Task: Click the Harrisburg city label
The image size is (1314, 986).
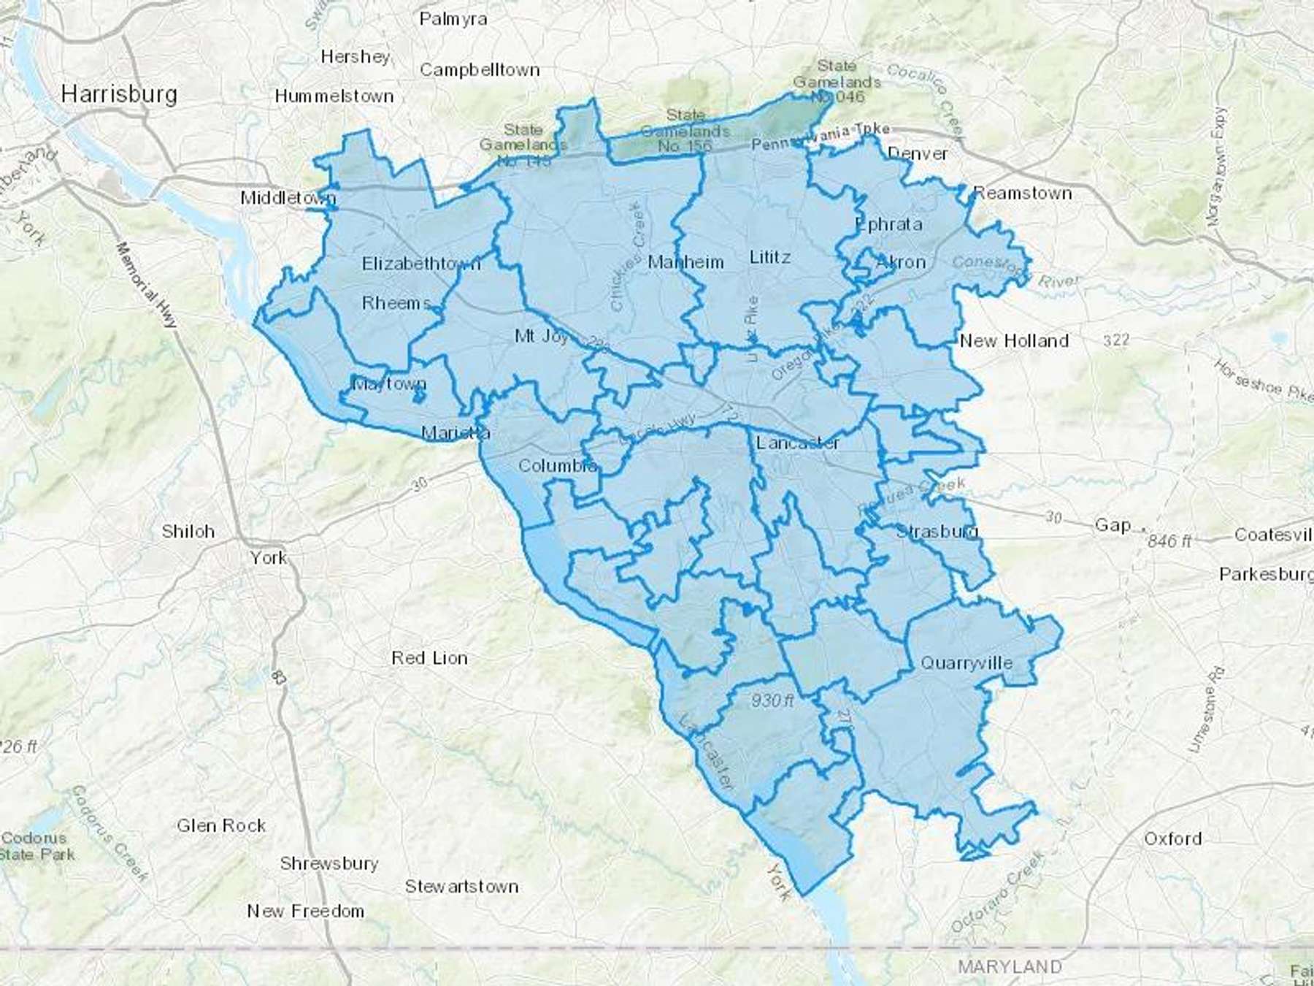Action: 119,94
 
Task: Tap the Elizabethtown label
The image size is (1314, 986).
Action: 421,264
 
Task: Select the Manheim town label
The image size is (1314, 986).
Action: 685,262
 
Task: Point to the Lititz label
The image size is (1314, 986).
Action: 770,257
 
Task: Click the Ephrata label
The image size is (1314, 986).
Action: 888,224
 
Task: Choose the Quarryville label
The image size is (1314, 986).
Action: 967,663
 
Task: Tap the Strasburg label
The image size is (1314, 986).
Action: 937,531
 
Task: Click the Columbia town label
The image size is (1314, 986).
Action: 558,465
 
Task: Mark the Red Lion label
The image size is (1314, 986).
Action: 429,658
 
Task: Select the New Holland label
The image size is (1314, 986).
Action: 1014,340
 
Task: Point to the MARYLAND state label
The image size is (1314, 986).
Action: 1010,966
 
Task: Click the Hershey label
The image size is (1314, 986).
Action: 356,57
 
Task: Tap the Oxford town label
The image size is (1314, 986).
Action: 1172,838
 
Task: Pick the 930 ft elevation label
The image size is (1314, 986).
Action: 772,700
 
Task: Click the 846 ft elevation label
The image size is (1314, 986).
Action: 1169,540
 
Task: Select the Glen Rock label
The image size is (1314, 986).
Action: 221,825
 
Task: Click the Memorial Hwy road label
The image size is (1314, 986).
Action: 147,285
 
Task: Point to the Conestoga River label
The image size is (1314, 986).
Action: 1015,271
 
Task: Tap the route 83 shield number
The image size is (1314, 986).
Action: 279,677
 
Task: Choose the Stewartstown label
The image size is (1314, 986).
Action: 461,887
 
